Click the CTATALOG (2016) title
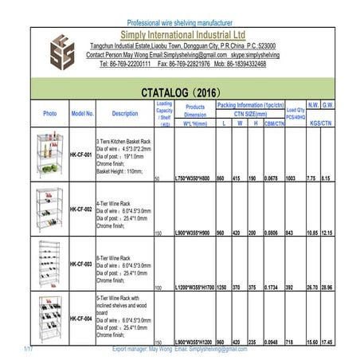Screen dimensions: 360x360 coord(183,92)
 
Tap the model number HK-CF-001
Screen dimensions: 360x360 coord(81,155)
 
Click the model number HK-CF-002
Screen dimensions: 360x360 coord(81,209)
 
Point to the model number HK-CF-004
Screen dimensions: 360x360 coord(81,319)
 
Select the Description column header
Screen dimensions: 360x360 coord(124,114)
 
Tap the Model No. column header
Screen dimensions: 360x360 coord(82,114)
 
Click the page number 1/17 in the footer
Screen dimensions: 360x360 coord(28,349)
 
